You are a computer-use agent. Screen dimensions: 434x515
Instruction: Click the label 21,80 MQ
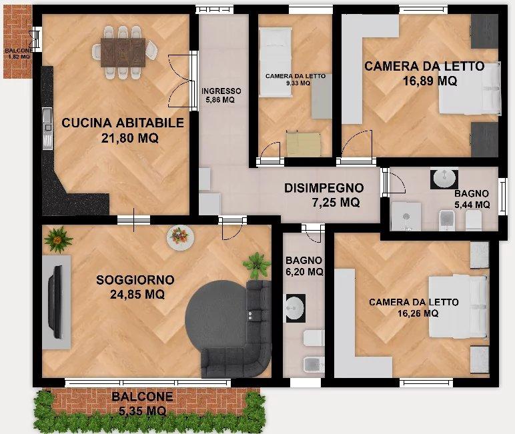122,138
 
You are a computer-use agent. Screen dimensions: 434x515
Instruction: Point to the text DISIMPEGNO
324,188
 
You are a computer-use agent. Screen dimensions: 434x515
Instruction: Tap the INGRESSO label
221,91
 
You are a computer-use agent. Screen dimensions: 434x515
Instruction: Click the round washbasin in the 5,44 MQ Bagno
444,179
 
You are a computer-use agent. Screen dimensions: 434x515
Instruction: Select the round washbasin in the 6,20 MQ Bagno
294,308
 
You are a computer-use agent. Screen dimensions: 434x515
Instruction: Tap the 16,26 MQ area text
414,313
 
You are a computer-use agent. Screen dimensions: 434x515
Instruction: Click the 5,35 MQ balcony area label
142,411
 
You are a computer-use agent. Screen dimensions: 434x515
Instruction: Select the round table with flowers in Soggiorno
179,235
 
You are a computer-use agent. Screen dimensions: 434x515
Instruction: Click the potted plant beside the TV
59,238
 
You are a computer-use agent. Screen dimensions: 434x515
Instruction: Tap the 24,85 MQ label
135,293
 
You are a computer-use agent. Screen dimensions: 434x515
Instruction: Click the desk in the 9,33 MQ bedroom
304,143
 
